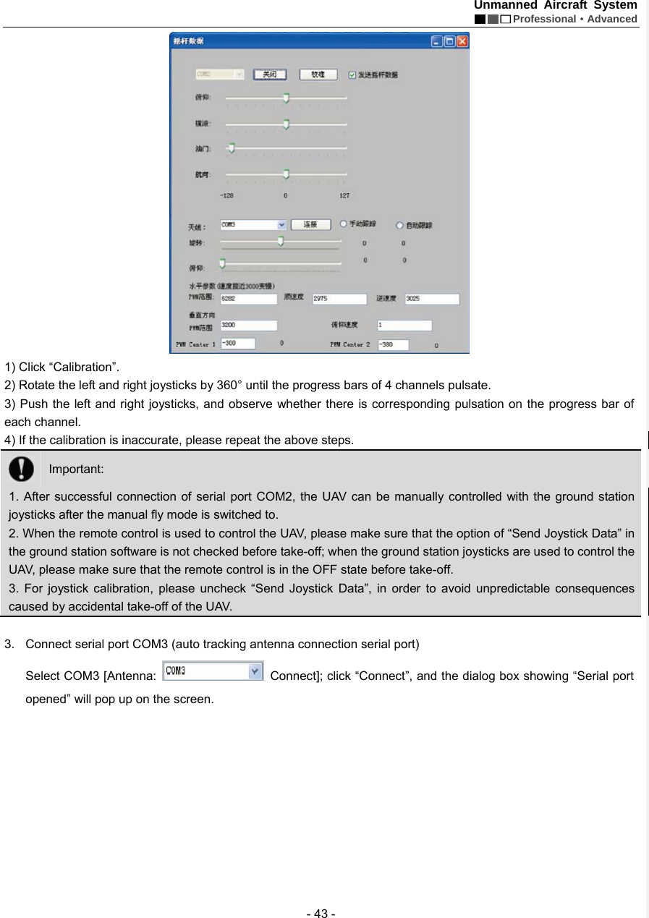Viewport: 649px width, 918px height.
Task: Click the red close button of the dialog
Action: pyautogui.click(x=462, y=41)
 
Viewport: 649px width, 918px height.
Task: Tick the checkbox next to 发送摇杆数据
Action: pyautogui.click(x=352, y=75)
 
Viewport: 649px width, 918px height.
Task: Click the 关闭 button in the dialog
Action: pyautogui.click(x=270, y=75)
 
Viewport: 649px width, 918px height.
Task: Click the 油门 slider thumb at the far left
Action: pyautogui.click(x=231, y=148)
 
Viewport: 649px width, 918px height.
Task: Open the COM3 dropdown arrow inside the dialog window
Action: pyautogui.click(x=282, y=224)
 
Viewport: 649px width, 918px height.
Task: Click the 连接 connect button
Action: pyautogui.click(x=311, y=224)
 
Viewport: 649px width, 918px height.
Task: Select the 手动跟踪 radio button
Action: pyautogui.click(x=344, y=224)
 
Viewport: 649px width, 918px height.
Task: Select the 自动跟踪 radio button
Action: pyautogui.click(x=399, y=225)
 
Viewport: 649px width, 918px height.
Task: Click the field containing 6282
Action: pyautogui.click(x=248, y=298)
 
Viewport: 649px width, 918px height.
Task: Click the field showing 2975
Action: pyautogui.click(x=339, y=298)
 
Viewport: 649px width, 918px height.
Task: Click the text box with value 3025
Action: pyautogui.click(x=431, y=298)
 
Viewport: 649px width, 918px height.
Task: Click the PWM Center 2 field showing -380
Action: pyautogui.click(x=391, y=345)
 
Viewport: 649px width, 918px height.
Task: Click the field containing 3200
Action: pyautogui.click(x=248, y=326)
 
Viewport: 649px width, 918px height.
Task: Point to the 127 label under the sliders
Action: pyautogui.click(x=344, y=195)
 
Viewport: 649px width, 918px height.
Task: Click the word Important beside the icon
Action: pyautogui.click(x=76, y=469)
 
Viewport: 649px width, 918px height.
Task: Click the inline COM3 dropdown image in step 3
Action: pyautogui.click(x=213, y=671)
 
